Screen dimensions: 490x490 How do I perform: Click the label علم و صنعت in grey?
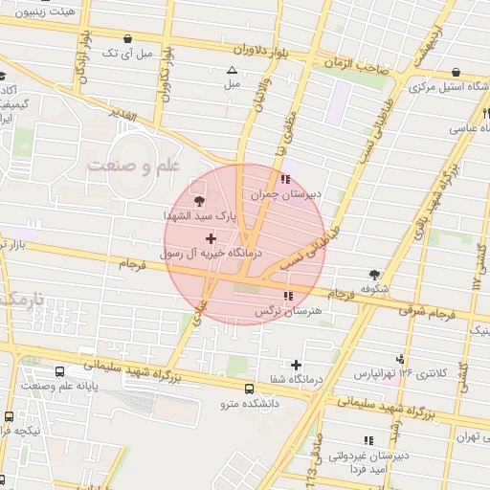(x=134, y=167)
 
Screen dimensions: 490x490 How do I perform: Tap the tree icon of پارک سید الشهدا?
(x=199, y=201)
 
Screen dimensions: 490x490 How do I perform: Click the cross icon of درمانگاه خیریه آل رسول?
(x=211, y=237)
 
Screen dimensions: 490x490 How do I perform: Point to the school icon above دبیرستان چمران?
(x=286, y=179)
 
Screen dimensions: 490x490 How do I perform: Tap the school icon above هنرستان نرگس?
(x=289, y=297)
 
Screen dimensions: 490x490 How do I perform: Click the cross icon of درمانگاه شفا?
(x=296, y=365)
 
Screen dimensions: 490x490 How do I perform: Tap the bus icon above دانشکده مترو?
(x=250, y=390)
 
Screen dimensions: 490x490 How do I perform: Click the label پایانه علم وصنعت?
(x=59, y=386)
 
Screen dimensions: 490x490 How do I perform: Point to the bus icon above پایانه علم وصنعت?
(x=59, y=370)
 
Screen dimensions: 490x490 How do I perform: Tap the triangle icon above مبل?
(x=231, y=70)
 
